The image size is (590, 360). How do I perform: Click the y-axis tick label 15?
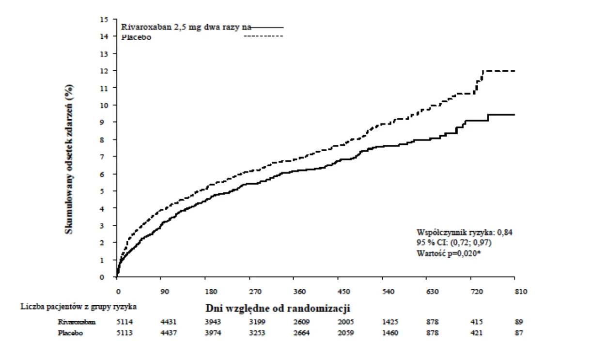[x=104, y=19]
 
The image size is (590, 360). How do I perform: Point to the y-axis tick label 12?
[x=104, y=71]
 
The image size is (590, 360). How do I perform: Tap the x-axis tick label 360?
[x=299, y=292]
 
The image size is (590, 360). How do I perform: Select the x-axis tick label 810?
[x=521, y=292]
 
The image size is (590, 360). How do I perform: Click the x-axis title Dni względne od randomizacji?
[x=278, y=308]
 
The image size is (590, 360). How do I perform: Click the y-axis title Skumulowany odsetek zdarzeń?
[x=69, y=159]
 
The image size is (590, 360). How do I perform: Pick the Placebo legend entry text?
[x=136, y=37]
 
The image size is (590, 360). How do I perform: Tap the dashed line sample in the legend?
[x=264, y=36]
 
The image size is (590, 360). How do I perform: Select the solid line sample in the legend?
[x=267, y=28]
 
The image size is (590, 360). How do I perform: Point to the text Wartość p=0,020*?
[x=449, y=253]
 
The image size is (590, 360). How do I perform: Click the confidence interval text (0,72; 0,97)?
[x=471, y=242]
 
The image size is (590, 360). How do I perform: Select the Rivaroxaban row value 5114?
[x=124, y=322]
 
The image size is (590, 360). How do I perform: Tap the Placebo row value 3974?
[x=213, y=333]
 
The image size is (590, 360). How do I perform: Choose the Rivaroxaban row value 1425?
[x=390, y=322]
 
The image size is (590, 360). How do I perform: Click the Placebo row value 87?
[x=519, y=333]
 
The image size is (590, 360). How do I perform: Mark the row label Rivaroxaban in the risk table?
[x=77, y=322]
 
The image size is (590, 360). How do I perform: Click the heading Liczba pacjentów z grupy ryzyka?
[x=78, y=307]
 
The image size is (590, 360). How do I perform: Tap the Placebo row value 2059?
[x=346, y=333]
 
